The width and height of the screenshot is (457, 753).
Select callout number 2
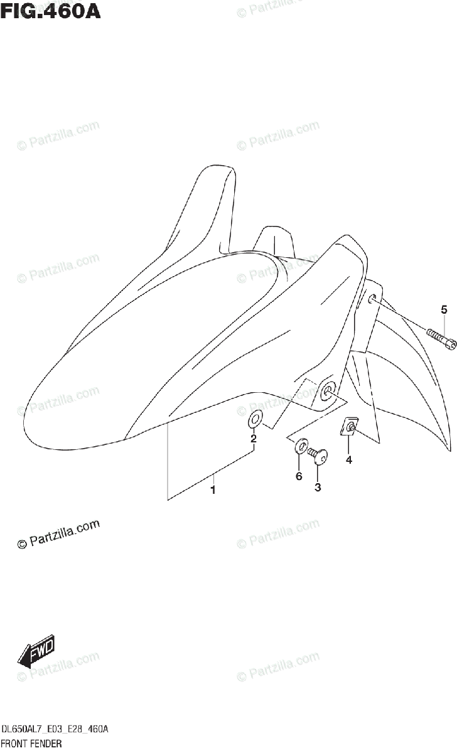coord(254,439)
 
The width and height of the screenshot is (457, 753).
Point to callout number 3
coord(318,487)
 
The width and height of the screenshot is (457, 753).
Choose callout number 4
coord(348,460)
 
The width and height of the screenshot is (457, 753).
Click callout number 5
coord(444,309)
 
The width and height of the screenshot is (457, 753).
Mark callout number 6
coord(299,476)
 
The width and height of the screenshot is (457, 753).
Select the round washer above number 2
coord(256,419)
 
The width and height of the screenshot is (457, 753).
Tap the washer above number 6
coord(301,447)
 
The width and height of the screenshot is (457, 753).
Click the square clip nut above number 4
coord(351,428)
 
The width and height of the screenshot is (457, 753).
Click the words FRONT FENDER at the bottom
coord(31,744)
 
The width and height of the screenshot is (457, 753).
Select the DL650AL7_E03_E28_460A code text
coord(56,729)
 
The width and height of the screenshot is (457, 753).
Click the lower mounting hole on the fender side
coord(328,393)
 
